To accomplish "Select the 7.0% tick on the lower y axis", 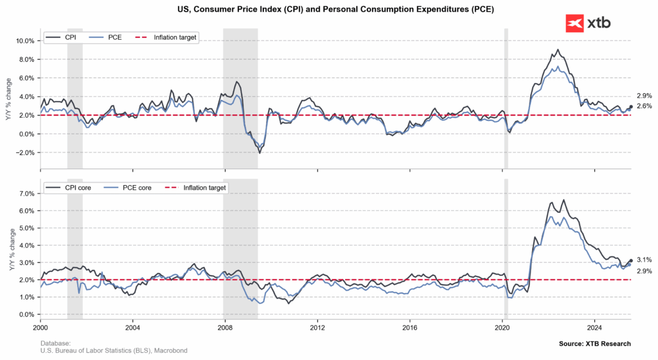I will pyautogui.click(x=25, y=194).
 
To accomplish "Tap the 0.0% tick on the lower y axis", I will pyautogui.click(x=25, y=315).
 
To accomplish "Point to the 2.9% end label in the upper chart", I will pyautogui.click(x=644, y=96).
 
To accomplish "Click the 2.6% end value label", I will pyautogui.click(x=644, y=106).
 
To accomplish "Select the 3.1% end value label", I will pyautogui.click(x=644, y=260).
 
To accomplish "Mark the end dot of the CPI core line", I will pyautogui.click(x=631, y=260).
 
